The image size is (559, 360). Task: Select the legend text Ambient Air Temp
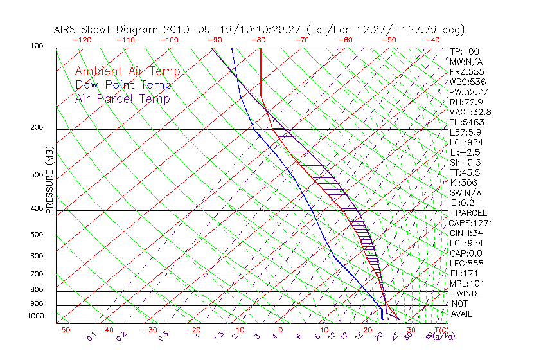tap(127, 71)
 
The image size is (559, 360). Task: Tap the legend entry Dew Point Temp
tap(123, 85)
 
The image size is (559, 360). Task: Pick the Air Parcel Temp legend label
tap(122, 98)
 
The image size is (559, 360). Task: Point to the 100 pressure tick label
tap(37, 46)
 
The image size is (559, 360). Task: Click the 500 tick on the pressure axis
tap(37, 235)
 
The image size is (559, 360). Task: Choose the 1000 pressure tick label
tap(35, 316)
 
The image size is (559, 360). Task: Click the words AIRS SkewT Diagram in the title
tap(107, 30)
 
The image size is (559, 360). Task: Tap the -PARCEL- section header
tap(471, 213)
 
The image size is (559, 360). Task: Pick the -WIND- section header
tap(466, 293)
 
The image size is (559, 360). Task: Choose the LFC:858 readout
tap(466, 263)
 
